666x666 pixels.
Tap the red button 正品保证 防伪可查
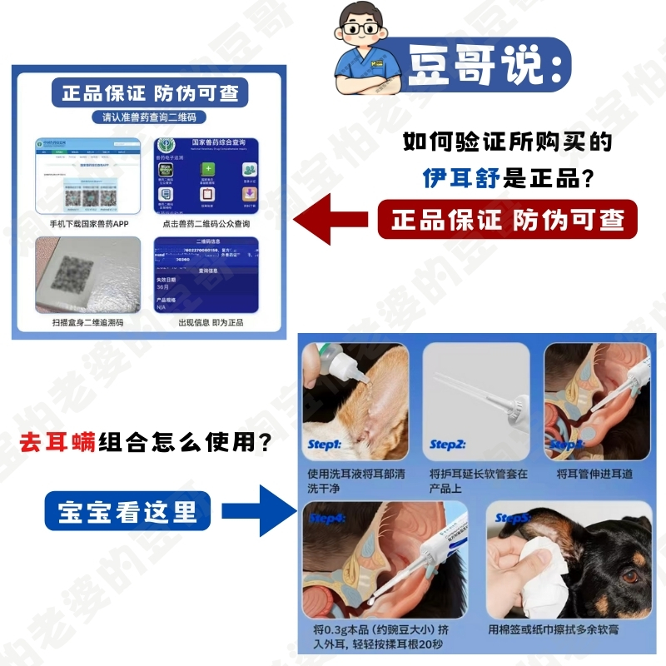pyautogui.click(x=508, y=220)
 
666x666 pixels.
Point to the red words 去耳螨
pyautogui.click(x=57, y=441)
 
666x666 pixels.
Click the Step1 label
pyautogui.click(x=325, y=445)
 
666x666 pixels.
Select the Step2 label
pyautogui.click(x=447, y=445)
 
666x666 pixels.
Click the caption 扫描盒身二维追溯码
pyautogui.click(x=86, y=322)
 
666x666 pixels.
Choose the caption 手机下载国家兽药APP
pyautogui.click(x=86, y=224)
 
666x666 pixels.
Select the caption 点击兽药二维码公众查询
pyautogui.click(x=206, y=224)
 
